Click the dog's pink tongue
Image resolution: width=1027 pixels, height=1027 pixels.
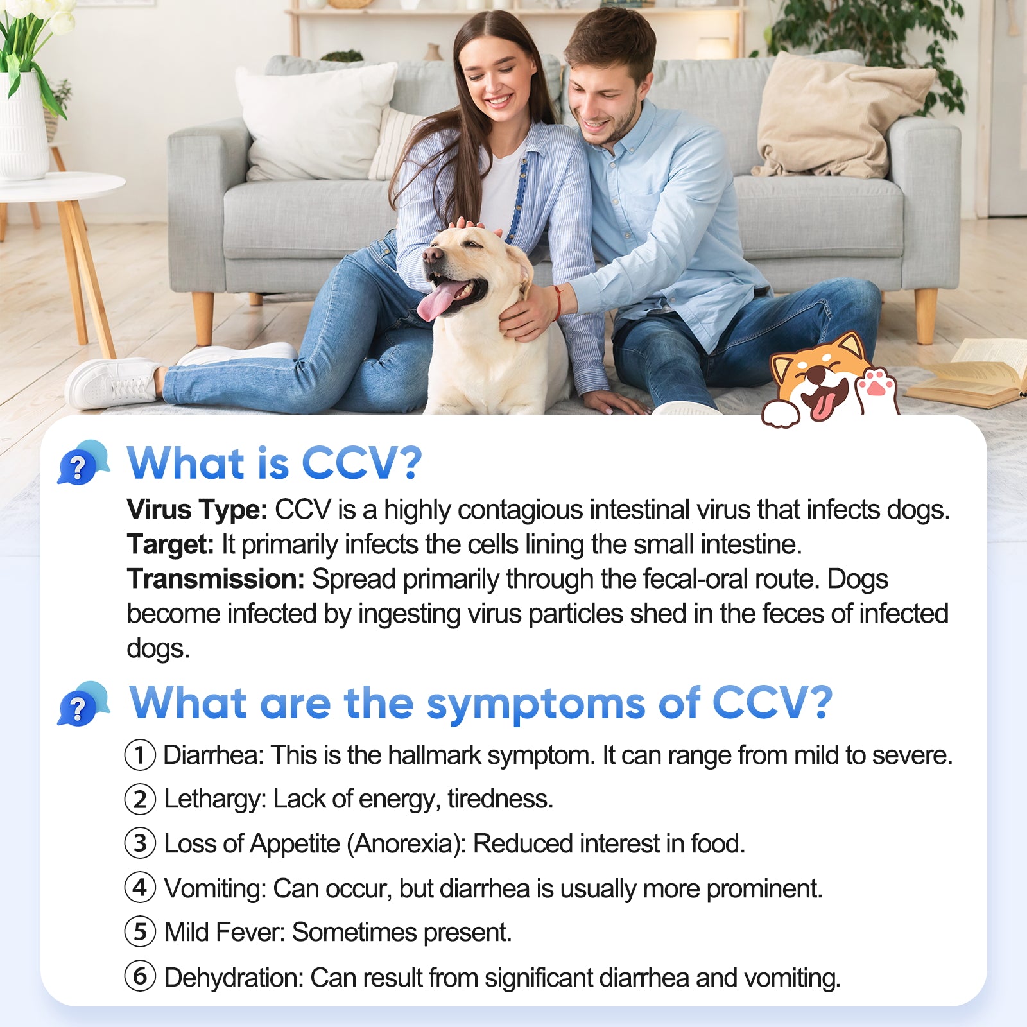pos(438,300)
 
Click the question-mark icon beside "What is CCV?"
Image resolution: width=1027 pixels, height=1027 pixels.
pos(83,462)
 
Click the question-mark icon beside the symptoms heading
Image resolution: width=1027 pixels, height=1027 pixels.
pos(83,703)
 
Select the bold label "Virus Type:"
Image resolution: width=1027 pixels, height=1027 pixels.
pos(197,510)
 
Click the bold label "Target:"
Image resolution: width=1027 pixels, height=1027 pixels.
pos(170,544)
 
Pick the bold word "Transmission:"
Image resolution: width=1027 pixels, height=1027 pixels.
pos(216,579)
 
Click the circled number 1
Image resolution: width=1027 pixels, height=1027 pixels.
pos(140,755)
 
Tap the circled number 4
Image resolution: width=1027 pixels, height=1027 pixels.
pos(140,888)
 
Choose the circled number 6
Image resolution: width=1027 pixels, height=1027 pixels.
pos(140,976)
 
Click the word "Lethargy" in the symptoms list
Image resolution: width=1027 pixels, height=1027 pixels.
pos(214,800)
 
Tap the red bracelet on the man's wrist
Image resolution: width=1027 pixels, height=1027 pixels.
pos(557,302)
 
